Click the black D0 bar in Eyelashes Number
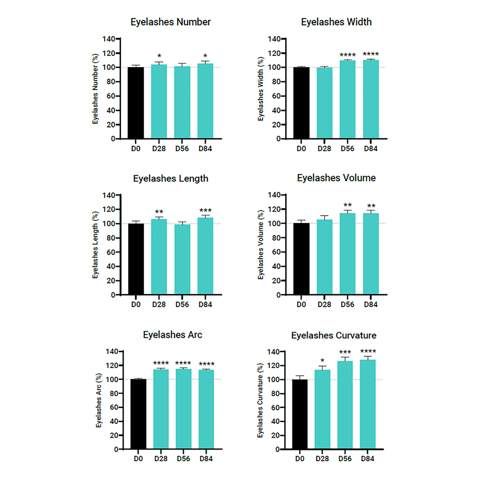[x=136, y=103]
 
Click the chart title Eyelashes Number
[x=170, y=22]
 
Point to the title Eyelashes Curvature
[x=337, y=335]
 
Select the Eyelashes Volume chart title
[x=337, y=178]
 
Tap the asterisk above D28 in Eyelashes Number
[x=159, y=57]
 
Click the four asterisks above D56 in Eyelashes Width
[x=348, y=55]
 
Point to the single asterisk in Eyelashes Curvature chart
[x=322, y=361]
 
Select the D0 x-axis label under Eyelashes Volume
[x=302, y=304]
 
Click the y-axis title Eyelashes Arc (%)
[x=98, y=400]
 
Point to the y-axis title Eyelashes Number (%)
[x=95, y=89]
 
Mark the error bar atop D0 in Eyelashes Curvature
[x=300, y=377]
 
